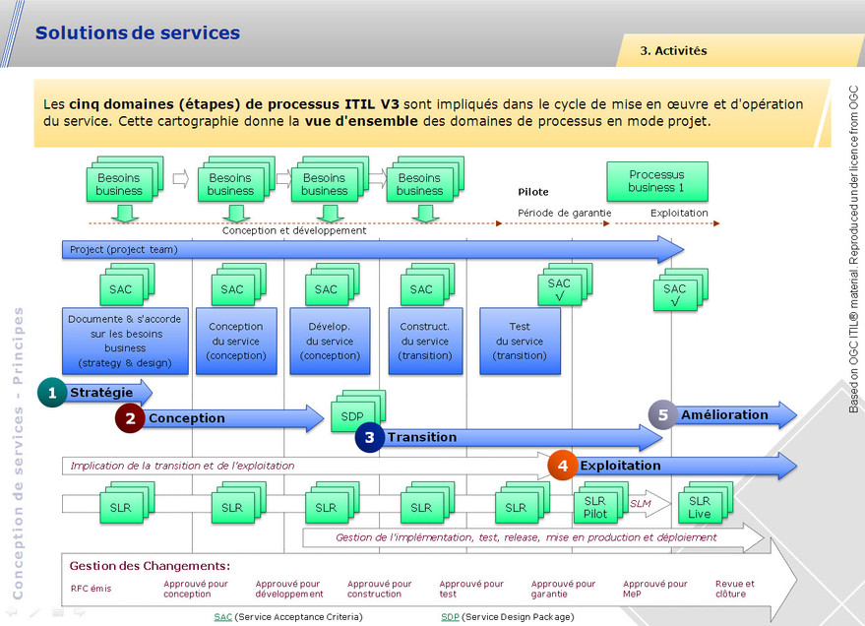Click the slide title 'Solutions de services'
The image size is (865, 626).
[137, 32]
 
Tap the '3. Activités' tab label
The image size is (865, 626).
[673, 50]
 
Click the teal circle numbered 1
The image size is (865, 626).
[52, 393]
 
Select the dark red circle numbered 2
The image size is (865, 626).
[130, 418]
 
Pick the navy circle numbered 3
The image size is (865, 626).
[369, 437]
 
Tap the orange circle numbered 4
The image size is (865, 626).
[562, 466]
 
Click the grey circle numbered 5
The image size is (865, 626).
[662, 414]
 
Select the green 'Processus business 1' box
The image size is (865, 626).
[655, 181]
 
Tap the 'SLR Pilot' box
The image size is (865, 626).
[594, 507]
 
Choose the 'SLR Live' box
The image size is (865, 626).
[700, 507]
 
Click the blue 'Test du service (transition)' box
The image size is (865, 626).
[520, 341]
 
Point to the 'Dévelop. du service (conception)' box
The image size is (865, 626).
[325, 341]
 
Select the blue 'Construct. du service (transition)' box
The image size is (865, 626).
[424, 341]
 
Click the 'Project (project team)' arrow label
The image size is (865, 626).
[123, 250]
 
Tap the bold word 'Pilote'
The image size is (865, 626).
[533, 192]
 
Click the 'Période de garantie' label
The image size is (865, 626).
[565, 213]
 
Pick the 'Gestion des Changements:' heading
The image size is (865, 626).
[150, 566]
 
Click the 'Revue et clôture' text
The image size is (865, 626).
[735, 589]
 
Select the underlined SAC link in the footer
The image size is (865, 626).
[222, 616]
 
